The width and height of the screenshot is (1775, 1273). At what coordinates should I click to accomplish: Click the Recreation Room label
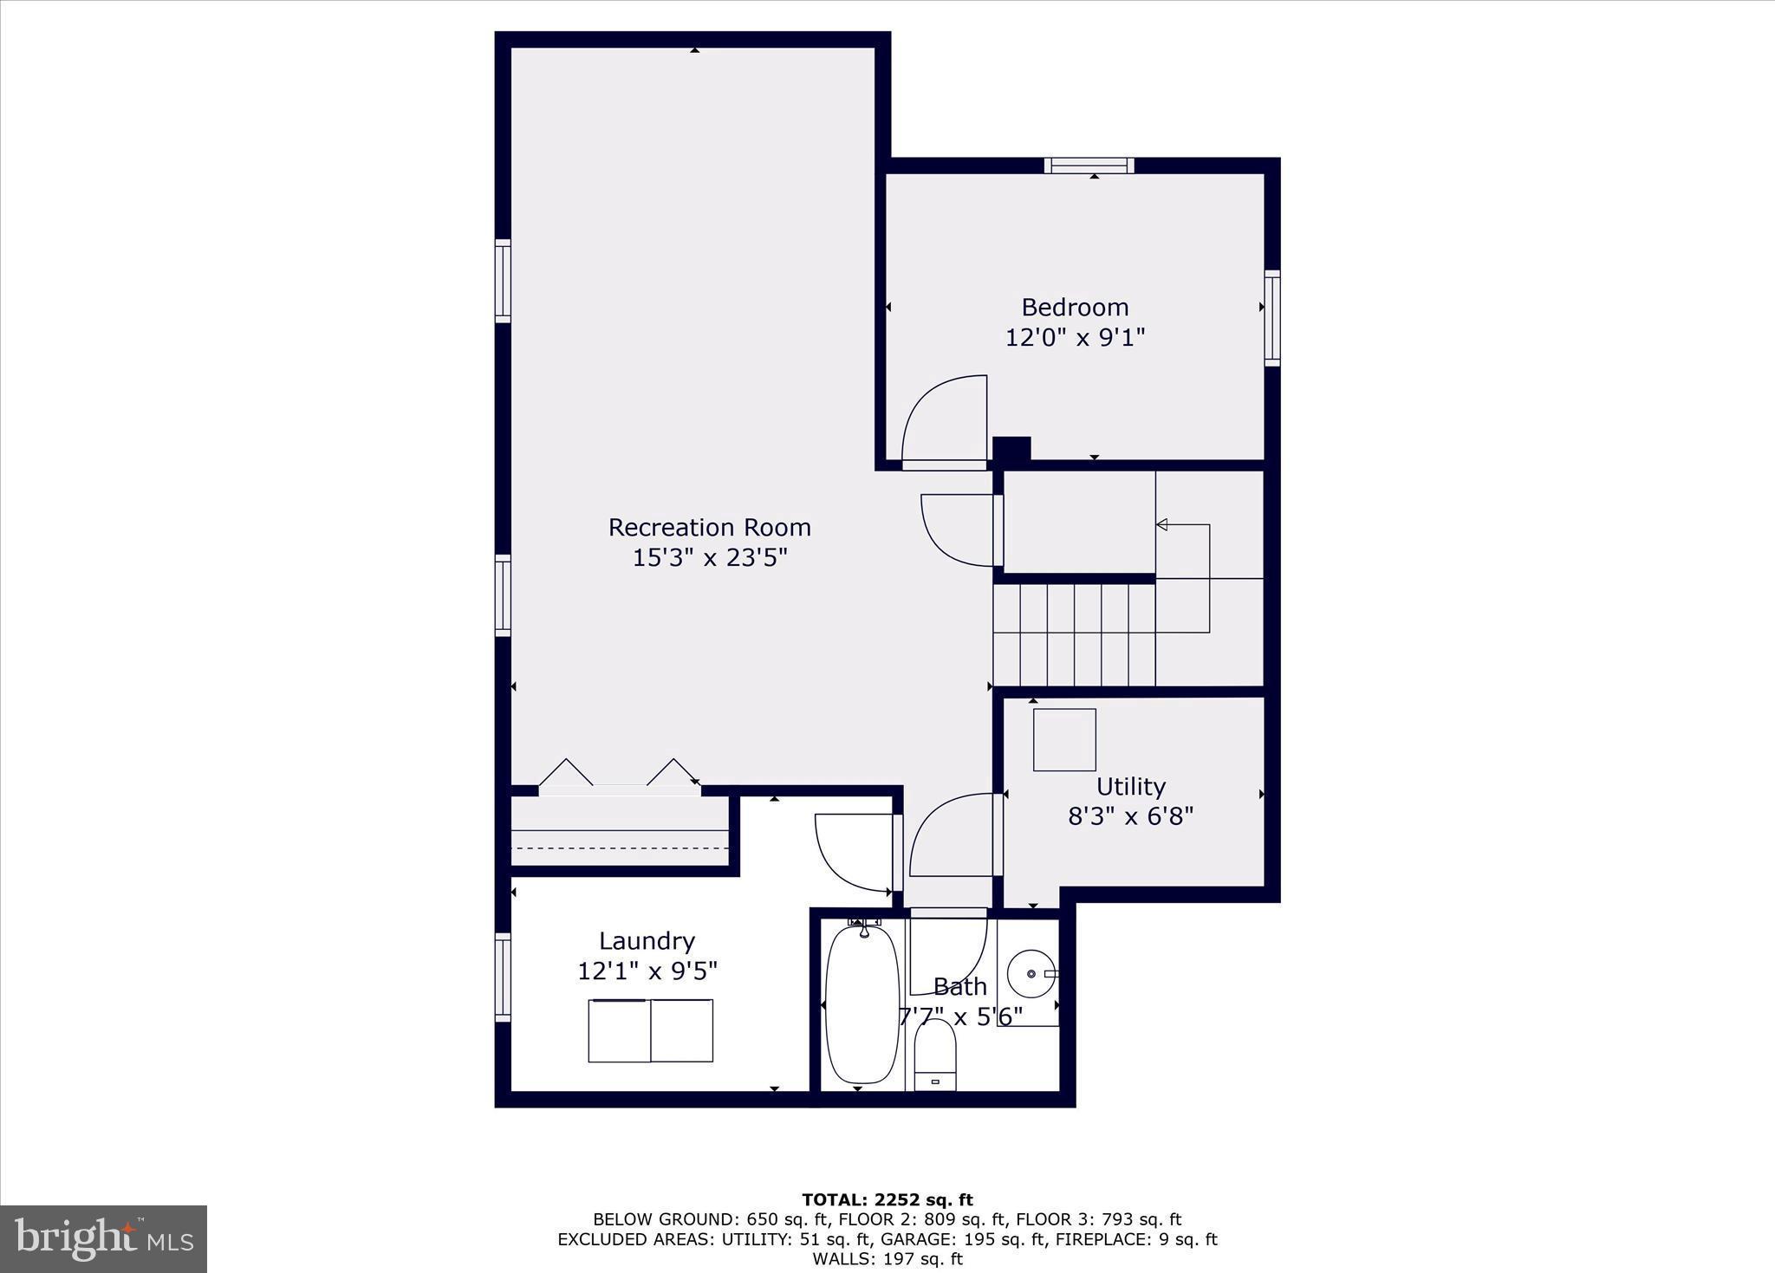point(709,527)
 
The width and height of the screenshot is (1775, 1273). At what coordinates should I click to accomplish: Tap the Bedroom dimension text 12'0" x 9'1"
point(1075,337)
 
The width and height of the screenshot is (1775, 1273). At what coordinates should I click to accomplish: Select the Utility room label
point(1130,786)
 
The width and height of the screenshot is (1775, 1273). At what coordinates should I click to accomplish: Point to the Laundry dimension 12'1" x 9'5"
point(647,971)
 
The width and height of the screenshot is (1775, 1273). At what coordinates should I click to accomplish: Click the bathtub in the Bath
point(861,1004)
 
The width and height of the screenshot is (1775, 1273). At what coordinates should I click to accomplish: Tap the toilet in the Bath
point(934,1055)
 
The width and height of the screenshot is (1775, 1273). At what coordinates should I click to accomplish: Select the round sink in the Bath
point(1031,973)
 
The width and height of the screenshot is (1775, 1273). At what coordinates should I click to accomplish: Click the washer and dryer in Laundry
point(650,1030)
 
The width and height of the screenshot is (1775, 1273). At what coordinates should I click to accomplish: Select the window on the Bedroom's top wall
point(1089,166)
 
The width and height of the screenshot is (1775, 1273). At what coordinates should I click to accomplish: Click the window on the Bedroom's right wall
point(1271,317)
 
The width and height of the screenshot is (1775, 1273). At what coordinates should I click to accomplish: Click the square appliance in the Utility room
point(1064,739)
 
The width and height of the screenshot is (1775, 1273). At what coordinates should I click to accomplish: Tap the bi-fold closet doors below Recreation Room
point(619,776)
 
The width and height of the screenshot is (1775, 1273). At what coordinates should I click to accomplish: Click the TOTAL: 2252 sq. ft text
point(887,1200)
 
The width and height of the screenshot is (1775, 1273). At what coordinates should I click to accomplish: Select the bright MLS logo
point(103,1238)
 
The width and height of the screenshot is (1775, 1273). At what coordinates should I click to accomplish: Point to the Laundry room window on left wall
point(503,977)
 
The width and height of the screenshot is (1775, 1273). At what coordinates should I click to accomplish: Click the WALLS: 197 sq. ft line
point(887,1258)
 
